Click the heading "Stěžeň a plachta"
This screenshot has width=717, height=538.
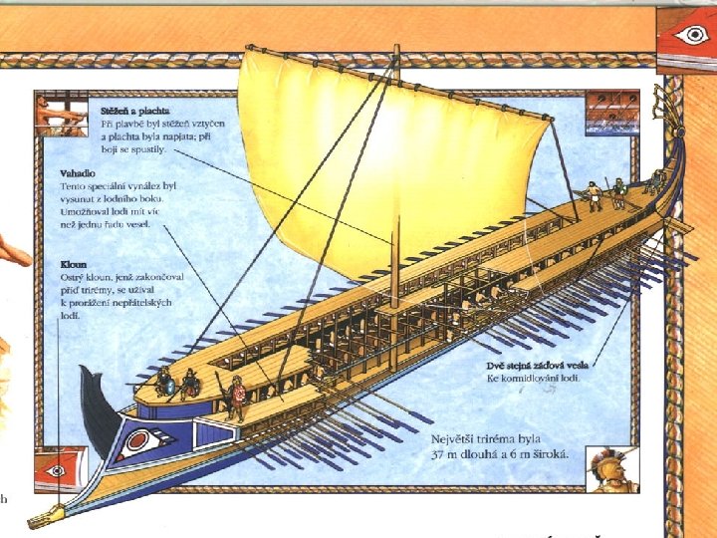tap(134, 109)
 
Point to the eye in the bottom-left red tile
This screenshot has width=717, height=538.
tap(57, 469)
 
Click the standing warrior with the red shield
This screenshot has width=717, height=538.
tap(237, 398)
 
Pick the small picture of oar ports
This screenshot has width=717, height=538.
tap(604, 111)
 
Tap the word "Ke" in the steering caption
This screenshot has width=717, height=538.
tap(492, 379)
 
